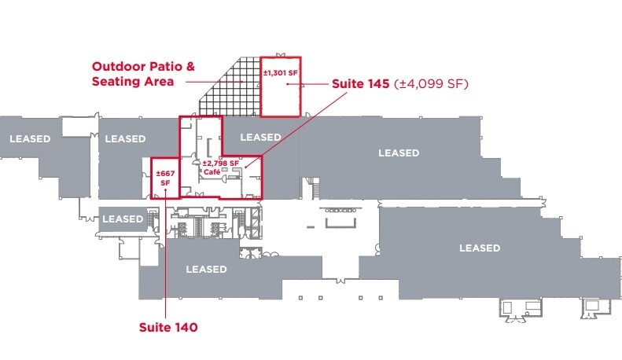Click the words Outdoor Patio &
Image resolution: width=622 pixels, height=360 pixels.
[142, 66]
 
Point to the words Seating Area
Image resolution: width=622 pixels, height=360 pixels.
[131, 81]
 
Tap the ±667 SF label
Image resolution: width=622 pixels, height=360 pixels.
[164, 178]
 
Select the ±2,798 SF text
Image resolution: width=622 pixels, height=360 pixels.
[222, 163]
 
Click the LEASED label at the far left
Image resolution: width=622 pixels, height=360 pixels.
[30, 139]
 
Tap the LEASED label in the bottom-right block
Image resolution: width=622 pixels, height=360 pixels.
[480, 248]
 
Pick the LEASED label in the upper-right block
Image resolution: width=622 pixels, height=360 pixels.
[399, 152]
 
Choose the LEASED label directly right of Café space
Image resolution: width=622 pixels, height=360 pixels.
[260, 137]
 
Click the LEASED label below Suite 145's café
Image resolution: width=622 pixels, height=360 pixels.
[206, 269]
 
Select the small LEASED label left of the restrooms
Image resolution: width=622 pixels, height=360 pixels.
[123, 219]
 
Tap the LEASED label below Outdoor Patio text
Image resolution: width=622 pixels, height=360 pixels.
[125, 139]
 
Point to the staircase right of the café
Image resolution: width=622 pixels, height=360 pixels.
[314, 189]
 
